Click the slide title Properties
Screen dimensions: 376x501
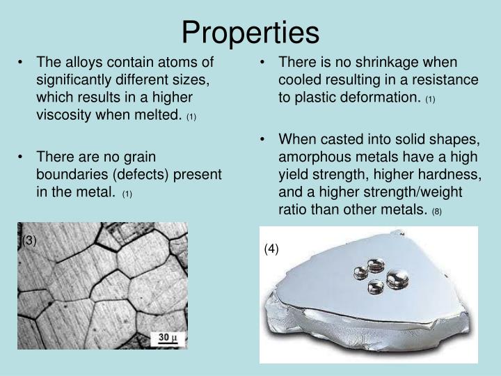point(250,32)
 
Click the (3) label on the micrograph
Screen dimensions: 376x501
point(29,241)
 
